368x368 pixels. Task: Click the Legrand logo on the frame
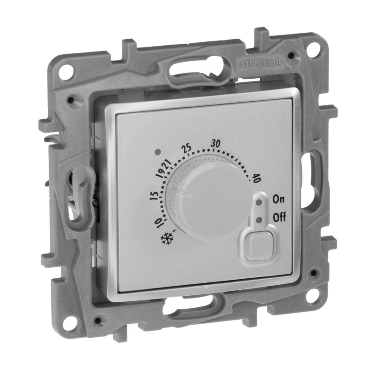tap(261, 63)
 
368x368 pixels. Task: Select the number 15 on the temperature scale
tap(154, 195)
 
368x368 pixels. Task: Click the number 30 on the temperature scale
tap(215, 143)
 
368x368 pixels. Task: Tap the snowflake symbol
tap(167, 239)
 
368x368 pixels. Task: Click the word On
tap(278, 199)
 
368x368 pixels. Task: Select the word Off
tap(279, 218)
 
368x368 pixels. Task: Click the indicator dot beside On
tap(259, 202)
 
